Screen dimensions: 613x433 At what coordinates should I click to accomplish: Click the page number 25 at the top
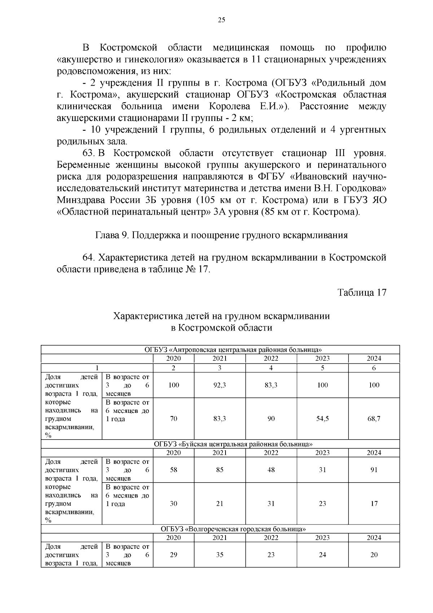pos(222,20)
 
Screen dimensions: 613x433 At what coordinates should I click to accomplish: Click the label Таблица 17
pos(362,292)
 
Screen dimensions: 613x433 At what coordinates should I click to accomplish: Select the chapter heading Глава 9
pos(221,236)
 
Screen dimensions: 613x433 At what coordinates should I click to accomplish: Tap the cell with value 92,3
pos(219,385)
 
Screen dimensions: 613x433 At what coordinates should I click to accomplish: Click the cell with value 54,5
pos(322,419)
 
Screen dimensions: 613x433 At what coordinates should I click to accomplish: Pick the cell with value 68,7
pos(374,419)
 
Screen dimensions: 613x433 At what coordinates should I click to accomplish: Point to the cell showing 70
pos(174,419)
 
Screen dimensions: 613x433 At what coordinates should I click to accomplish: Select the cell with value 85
pos(219,470)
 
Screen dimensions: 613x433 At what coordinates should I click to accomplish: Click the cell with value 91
pos(374,470)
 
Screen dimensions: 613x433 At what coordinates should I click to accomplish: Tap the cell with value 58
pos(174,470)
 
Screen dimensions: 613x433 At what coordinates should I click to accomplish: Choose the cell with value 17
pos(374,504)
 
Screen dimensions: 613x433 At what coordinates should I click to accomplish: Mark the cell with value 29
pos(174,555)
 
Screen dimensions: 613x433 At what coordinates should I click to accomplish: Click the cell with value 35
pos(219,555)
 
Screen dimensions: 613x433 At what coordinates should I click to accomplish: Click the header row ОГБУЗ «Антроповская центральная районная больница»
pos(233,350)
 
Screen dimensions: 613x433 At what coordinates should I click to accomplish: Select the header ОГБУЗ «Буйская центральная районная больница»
pos(233,444)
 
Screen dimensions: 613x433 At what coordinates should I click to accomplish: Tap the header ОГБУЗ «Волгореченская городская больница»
pos(233,529)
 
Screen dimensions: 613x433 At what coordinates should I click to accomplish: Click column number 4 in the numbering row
pos(271,368)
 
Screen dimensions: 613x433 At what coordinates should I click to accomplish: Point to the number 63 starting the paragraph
pos(88,153)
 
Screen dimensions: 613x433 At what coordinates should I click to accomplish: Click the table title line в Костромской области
pos(221,328)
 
